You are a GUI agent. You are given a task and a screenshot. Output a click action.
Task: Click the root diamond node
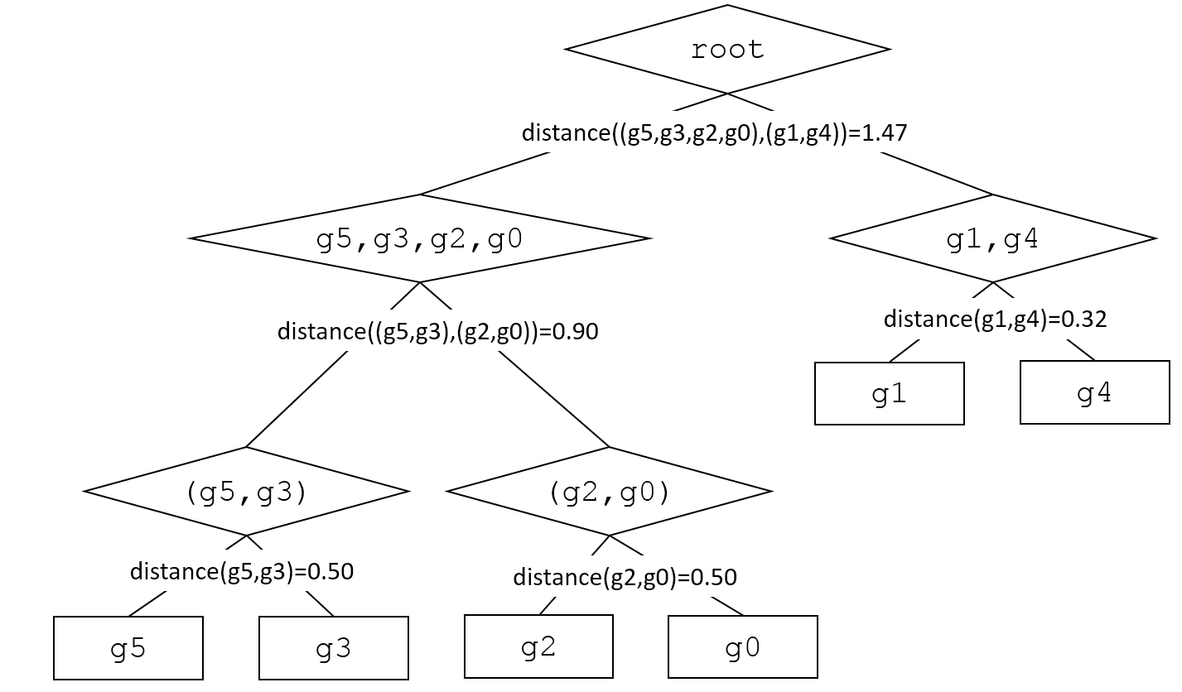pyautogui.click(x=727, y=50)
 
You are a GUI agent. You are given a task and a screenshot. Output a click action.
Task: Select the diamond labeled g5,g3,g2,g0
pyautogui.click(x=420, y=239)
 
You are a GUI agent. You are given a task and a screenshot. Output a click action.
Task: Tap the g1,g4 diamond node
pyautogui.click(x=992, y=239)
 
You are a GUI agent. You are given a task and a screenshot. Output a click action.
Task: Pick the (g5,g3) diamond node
pyautogui.click(x=246, y=492)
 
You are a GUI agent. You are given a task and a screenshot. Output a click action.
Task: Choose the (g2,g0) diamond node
pyautogui.click(x=609, y=492)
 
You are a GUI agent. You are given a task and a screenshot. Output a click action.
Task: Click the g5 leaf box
pyautogui.click(x=128, y=648)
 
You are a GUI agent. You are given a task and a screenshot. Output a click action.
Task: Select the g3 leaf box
pyautogui.click(x=334, y=648)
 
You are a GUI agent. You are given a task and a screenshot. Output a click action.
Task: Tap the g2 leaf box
pyautogui.click(x=538, y=646)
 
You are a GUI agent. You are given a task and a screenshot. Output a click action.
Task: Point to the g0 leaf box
pyautogui.click(x=743, y=647)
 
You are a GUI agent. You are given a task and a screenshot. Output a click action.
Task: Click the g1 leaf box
pyautogui.click(x=890, y=394)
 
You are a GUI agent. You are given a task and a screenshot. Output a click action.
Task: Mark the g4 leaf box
pyautogui.click(x=1094, y=392)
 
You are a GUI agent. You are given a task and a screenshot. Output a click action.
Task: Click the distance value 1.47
pyautogui.click(x=885, y=132)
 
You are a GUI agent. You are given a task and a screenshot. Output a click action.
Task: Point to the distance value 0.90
pyautogui.click(x=576, y=332)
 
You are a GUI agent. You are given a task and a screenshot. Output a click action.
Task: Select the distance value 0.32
pyautogui.click(x=1084, y=320)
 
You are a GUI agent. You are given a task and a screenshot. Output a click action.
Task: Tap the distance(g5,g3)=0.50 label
pyautogui.click(x=242, y=571)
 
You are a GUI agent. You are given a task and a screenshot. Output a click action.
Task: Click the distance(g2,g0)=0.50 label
pyautogui.click(x=625, y=577)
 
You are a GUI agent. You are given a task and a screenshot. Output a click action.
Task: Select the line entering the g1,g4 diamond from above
pyautogui.click(x=936, y=173)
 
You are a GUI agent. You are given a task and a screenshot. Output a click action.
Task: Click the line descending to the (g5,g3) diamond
pyautogui.click(x=297, y=400)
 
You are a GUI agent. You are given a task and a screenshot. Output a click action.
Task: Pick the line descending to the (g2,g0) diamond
pyautogui.click(x=553, y=399)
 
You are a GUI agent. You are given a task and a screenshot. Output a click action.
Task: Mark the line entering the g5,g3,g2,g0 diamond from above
pyautogui.click(x=485, y=174)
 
